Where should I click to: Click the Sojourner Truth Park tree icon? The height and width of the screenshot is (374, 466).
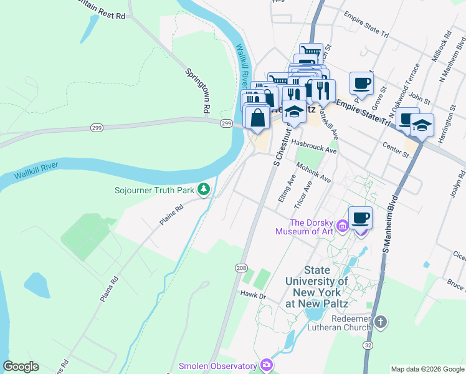(203, 188)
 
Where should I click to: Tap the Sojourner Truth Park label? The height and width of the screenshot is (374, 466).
(155, 189)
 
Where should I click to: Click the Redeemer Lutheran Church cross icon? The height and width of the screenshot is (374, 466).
(381, 322)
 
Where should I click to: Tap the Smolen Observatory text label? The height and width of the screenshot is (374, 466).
(217, 366)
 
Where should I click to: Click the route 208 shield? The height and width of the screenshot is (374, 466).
(241, 267)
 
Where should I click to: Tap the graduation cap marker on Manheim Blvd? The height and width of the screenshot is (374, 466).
(422, 125)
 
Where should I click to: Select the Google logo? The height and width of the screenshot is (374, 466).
(21, 367)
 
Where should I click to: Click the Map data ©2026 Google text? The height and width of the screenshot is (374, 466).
(427, 369)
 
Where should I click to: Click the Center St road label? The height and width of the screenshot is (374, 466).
(396, 150)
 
